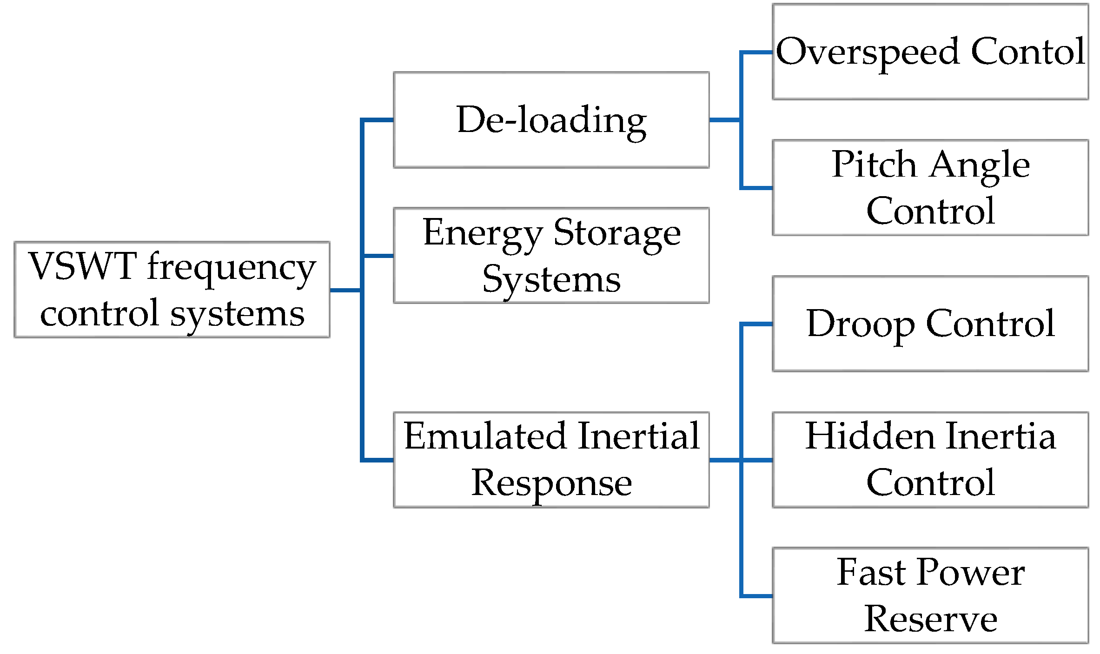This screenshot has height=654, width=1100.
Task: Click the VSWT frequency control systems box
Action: click(x=172, y=290)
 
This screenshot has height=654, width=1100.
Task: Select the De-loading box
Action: click(x=551, y=120)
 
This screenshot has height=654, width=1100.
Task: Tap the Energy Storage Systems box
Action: click(x=551, y=256)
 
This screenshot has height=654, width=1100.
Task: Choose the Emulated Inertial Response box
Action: click(x=551, y=460)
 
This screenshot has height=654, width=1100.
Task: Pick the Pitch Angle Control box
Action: click(x=930, y=188)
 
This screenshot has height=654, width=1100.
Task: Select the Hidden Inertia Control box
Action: click(x=930, y=460)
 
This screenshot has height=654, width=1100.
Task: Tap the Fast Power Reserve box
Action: click(x=930, y=595)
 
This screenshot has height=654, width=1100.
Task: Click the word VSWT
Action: click(x=82, y=266)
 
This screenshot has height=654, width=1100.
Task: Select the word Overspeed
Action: click(x=868, y=52)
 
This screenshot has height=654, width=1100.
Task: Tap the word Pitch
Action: click(x=874, y=165)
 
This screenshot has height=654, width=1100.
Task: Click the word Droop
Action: click(x=861, y=324)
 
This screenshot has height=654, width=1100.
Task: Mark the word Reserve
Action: click(x=930, y=619)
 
